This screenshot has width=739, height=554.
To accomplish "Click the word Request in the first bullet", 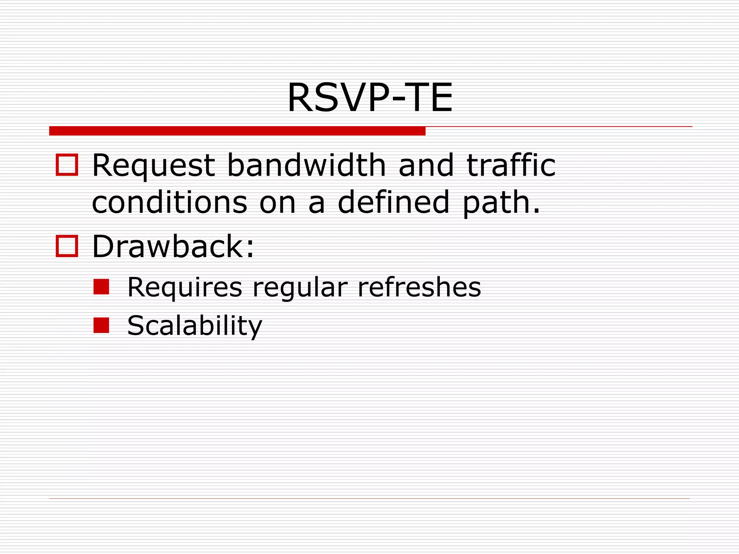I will click(154, 166).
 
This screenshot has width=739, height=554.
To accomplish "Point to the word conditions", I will click(170, 202).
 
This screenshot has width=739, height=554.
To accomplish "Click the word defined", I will click(393, 202).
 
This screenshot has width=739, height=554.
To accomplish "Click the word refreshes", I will click(419, 287).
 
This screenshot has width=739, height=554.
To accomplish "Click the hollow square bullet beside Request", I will click(67, 165).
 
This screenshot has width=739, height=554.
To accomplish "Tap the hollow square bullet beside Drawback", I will click(67, 246).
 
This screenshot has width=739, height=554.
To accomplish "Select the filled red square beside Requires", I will click(101, 287).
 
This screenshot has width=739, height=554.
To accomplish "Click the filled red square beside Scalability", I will click(101, 325).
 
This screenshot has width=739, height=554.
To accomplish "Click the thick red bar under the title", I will click(237, 131).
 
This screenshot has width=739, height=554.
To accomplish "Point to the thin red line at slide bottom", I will click(369, 498).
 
